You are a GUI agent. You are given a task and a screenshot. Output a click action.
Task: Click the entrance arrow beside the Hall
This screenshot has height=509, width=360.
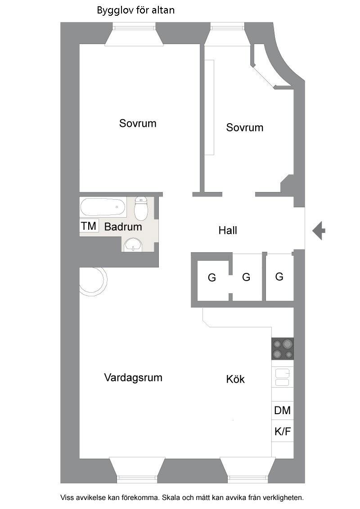click(x=319, y=231)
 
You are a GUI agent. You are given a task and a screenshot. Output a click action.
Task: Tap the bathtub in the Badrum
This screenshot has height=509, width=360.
click(x=103, y=208)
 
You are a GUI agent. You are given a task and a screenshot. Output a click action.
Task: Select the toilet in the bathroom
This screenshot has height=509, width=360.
click(x=141, y=209)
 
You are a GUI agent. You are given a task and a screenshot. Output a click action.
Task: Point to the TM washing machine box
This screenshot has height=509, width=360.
click(x=89, y=226)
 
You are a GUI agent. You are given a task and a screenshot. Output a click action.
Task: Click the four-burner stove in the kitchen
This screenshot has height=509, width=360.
click(x=283, y=348)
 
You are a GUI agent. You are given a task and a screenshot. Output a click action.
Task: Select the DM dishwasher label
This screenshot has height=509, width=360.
click(x=283, y=410)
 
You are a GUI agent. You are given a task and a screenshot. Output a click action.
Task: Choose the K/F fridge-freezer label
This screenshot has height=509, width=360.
click(x=283, y=432)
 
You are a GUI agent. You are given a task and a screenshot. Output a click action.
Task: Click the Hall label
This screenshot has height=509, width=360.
click(x=228, y=231)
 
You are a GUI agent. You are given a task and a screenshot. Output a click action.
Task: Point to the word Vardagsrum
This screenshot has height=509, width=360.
click(x=133, y=377)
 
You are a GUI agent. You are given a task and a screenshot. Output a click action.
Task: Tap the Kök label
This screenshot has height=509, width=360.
click(x=235, y=380)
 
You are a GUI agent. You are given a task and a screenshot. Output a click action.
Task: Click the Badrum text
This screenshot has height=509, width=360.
click(x=123, y=227)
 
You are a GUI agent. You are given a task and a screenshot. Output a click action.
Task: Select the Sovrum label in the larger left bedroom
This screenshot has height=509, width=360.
click(x=138, y=123)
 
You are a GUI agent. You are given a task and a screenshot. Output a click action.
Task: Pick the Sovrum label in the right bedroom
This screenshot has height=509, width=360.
click(x=245, y=128)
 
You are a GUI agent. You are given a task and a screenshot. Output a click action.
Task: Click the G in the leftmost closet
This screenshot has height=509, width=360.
click(x=211, y=278)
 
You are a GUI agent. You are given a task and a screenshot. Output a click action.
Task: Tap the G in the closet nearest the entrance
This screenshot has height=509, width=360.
click(x=279, y=277)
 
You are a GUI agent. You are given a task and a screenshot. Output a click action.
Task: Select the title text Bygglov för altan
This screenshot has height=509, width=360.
click(x=136, y=10)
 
